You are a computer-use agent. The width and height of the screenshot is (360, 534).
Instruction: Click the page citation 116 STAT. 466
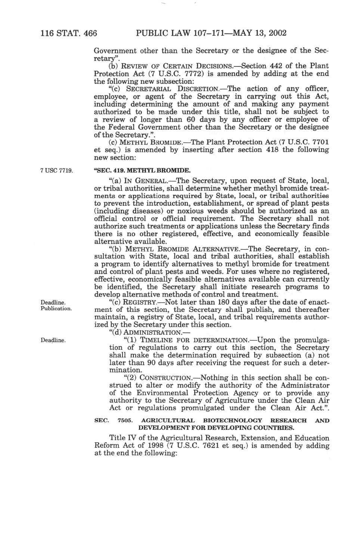tap(69, 33)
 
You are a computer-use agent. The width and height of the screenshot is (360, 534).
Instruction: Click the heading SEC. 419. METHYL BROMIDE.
tap(142, 170)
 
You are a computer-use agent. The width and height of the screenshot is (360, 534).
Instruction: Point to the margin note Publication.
tap(56, 309)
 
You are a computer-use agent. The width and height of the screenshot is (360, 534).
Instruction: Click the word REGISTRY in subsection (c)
tap(139, 302)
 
